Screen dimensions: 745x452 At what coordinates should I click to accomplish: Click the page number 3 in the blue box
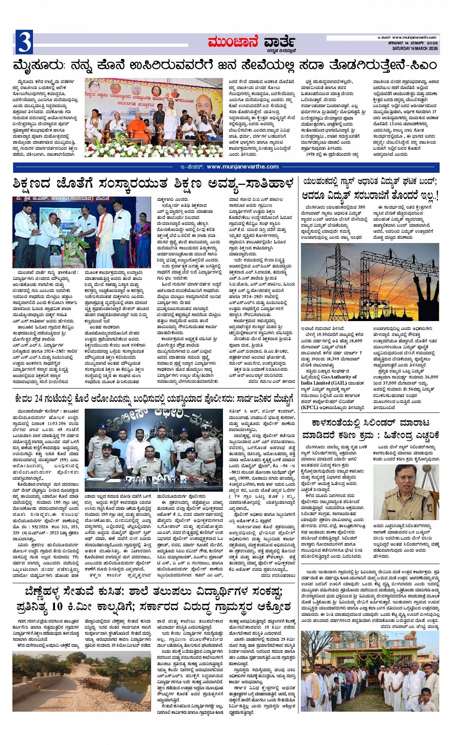(x=24, y=42)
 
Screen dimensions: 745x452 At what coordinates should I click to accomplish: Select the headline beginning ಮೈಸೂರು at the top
(x=225, y=65)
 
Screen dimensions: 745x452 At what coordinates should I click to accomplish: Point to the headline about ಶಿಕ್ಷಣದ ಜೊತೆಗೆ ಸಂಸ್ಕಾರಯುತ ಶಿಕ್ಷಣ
(x=153, y=184)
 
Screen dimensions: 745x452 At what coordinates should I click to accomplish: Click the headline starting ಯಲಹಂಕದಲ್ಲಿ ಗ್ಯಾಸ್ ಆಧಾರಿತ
(x=370, y=189)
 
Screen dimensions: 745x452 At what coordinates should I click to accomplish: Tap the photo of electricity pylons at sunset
(x=370, y=282)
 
